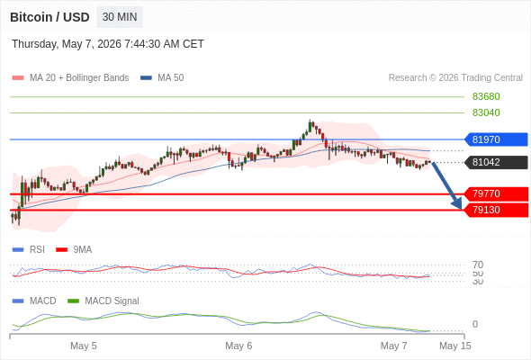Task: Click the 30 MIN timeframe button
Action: click(120, 17)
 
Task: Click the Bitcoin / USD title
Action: click(49, 17)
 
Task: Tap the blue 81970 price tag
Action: click(495, 139)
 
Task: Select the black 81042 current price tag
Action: click(495, 162)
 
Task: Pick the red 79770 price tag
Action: click(495, 193)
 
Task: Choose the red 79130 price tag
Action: click(495, 210)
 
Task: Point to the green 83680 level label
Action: click(486, 97)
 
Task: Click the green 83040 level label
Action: click(486, 112)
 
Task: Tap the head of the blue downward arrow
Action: click(457, 204)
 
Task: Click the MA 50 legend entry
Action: click(162, 78)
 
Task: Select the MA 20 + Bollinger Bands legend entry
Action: click(70, 78)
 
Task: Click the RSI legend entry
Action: click(29, 249)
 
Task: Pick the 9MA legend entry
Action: click(74, 249)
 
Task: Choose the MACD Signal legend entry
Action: click(103, 301)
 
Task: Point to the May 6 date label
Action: click(238, 346)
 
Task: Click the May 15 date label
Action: click(455, 346)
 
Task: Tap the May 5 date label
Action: click(84, 346)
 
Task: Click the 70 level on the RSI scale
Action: click(478, 265)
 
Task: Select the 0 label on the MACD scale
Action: click(475, 324)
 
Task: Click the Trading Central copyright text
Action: click(455, 78)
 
